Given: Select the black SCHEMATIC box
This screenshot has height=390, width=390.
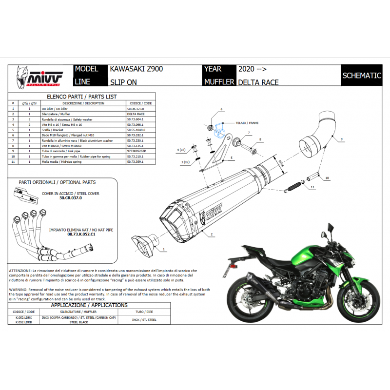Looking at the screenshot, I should (x=361, y=76).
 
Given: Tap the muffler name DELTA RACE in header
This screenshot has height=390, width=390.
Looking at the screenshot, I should (x=258, y=82).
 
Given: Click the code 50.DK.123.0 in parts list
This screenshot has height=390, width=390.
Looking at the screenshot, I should (x=136, y=109).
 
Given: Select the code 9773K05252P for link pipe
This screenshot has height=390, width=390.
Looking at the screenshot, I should (x=136, y=151).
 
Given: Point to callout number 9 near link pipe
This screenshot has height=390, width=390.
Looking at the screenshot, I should (x=341, y=139).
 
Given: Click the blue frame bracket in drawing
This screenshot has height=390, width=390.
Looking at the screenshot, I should (x=220, y=129).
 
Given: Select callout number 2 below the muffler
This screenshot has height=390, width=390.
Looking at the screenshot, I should (x=212, y=234).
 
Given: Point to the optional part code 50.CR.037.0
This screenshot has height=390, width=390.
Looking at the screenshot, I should (x=71, y=198).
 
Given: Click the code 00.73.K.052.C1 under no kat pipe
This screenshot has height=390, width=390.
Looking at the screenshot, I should (x=72, y=234).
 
